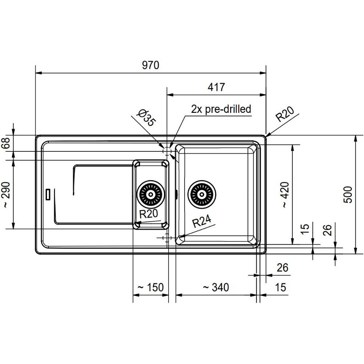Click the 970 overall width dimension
(151, 65)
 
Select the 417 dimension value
(216, 87)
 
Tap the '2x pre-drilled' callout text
(221, 109)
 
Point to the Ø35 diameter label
(146, 118)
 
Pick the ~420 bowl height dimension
(285, 194)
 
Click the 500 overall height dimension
(348, 194)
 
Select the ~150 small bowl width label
(151, 288)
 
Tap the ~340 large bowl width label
(216, 288)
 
